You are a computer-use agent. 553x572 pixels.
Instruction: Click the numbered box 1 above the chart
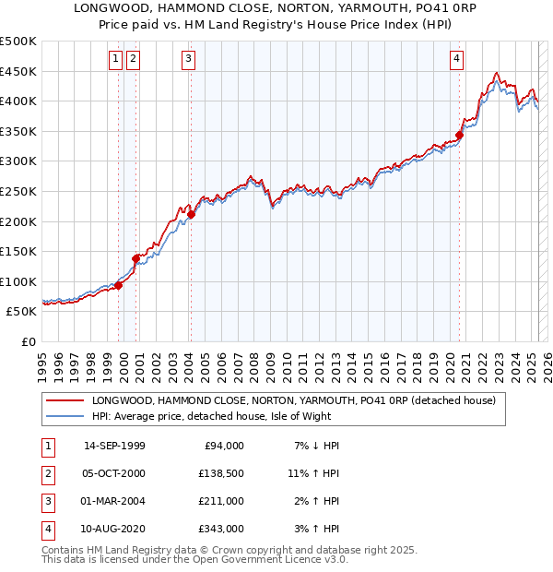point(115,59)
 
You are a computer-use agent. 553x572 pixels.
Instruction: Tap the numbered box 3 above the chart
point(188,59)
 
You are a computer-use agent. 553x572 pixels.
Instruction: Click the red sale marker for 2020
point(459,135)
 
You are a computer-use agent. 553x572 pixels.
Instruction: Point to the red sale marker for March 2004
point(192,215)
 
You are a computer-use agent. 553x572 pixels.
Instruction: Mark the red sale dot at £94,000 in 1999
point(119,285)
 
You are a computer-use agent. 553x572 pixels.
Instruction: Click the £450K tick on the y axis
point(19,71)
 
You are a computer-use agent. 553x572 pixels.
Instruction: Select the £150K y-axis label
point(19,251)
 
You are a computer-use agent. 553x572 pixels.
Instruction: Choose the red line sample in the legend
point(65,400)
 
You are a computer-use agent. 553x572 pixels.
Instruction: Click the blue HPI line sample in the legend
point(65,416)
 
